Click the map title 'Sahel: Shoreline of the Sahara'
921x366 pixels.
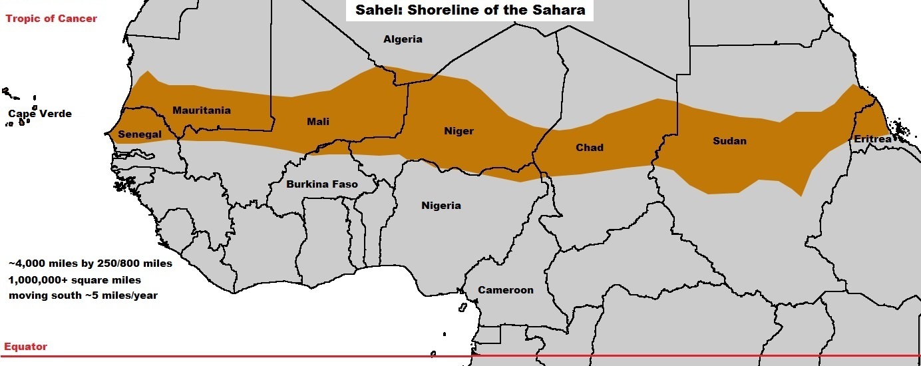pos(469,11)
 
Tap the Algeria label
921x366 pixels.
pos(403,39)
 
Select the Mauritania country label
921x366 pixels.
pos(202,110)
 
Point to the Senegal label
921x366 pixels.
pos(140,134)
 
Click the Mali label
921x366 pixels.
pos(318,121)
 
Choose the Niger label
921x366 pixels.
pos(459,131)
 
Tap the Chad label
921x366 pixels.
pos(590,147)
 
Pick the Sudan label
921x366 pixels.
pos(729,141)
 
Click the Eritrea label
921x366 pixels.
pos(872,139)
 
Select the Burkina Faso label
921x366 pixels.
pos(322,184)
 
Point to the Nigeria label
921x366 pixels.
pos(441,206)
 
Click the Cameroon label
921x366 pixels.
pos(506,290)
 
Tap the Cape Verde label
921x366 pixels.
pos(40,114)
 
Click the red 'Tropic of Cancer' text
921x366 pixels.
pos(51,19)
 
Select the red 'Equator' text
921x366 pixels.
pos(26,347)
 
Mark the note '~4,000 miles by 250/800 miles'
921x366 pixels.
pos(91,264)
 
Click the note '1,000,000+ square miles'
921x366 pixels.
pos(75,279)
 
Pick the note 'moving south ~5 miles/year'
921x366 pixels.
pos(83,295)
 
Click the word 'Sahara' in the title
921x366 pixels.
pos(561,11)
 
